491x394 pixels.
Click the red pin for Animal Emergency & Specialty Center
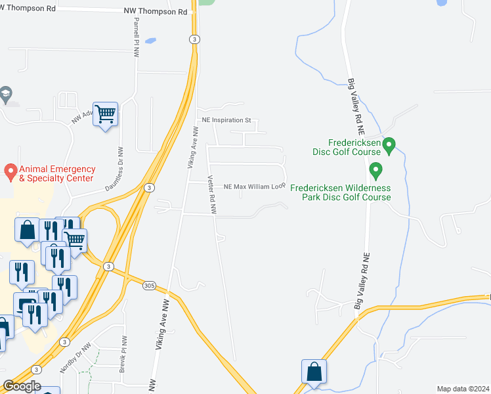[11, 173]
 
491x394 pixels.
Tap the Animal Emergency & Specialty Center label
[57, 173]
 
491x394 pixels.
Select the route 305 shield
[149, 285]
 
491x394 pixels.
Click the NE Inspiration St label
[225, 120]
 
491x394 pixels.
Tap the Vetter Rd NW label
[212, 196]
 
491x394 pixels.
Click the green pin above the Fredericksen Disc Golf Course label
[389, 145]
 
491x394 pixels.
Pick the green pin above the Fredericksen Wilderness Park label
[376, 171]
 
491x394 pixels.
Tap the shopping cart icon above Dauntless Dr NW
[105, 115]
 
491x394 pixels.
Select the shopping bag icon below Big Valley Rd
[314, 371]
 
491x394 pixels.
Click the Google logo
[22, 386]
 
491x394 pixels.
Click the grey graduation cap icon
[6, 94]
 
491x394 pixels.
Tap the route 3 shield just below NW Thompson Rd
[195, 39]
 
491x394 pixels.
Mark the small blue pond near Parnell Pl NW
[150, 41]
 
